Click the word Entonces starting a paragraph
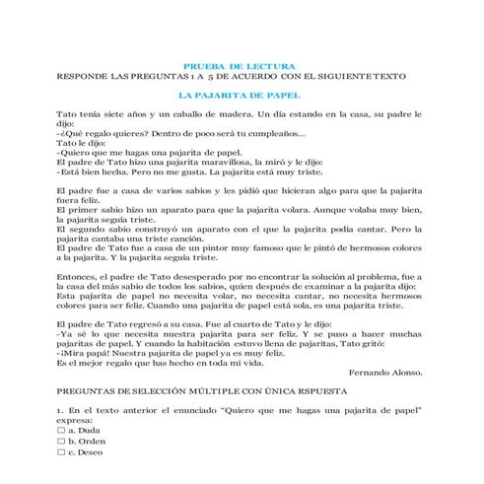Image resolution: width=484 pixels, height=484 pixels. click(x=80, y=279)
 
